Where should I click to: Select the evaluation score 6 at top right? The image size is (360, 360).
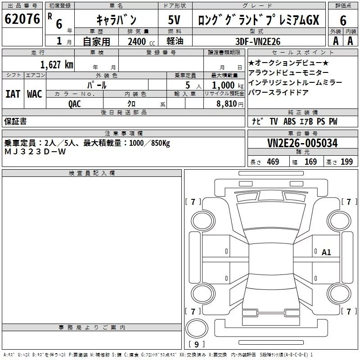343,21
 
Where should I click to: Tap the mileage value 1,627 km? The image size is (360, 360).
56,64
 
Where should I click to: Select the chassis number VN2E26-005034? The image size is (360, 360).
302,143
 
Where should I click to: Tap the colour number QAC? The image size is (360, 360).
75,103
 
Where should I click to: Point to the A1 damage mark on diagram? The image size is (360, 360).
326,252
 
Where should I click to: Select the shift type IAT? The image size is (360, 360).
13,94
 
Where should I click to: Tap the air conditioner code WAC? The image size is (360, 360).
34,94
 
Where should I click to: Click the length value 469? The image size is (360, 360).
273,162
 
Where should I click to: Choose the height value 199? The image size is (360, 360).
346,162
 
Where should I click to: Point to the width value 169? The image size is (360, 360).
310,162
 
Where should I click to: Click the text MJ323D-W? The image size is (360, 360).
35,152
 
